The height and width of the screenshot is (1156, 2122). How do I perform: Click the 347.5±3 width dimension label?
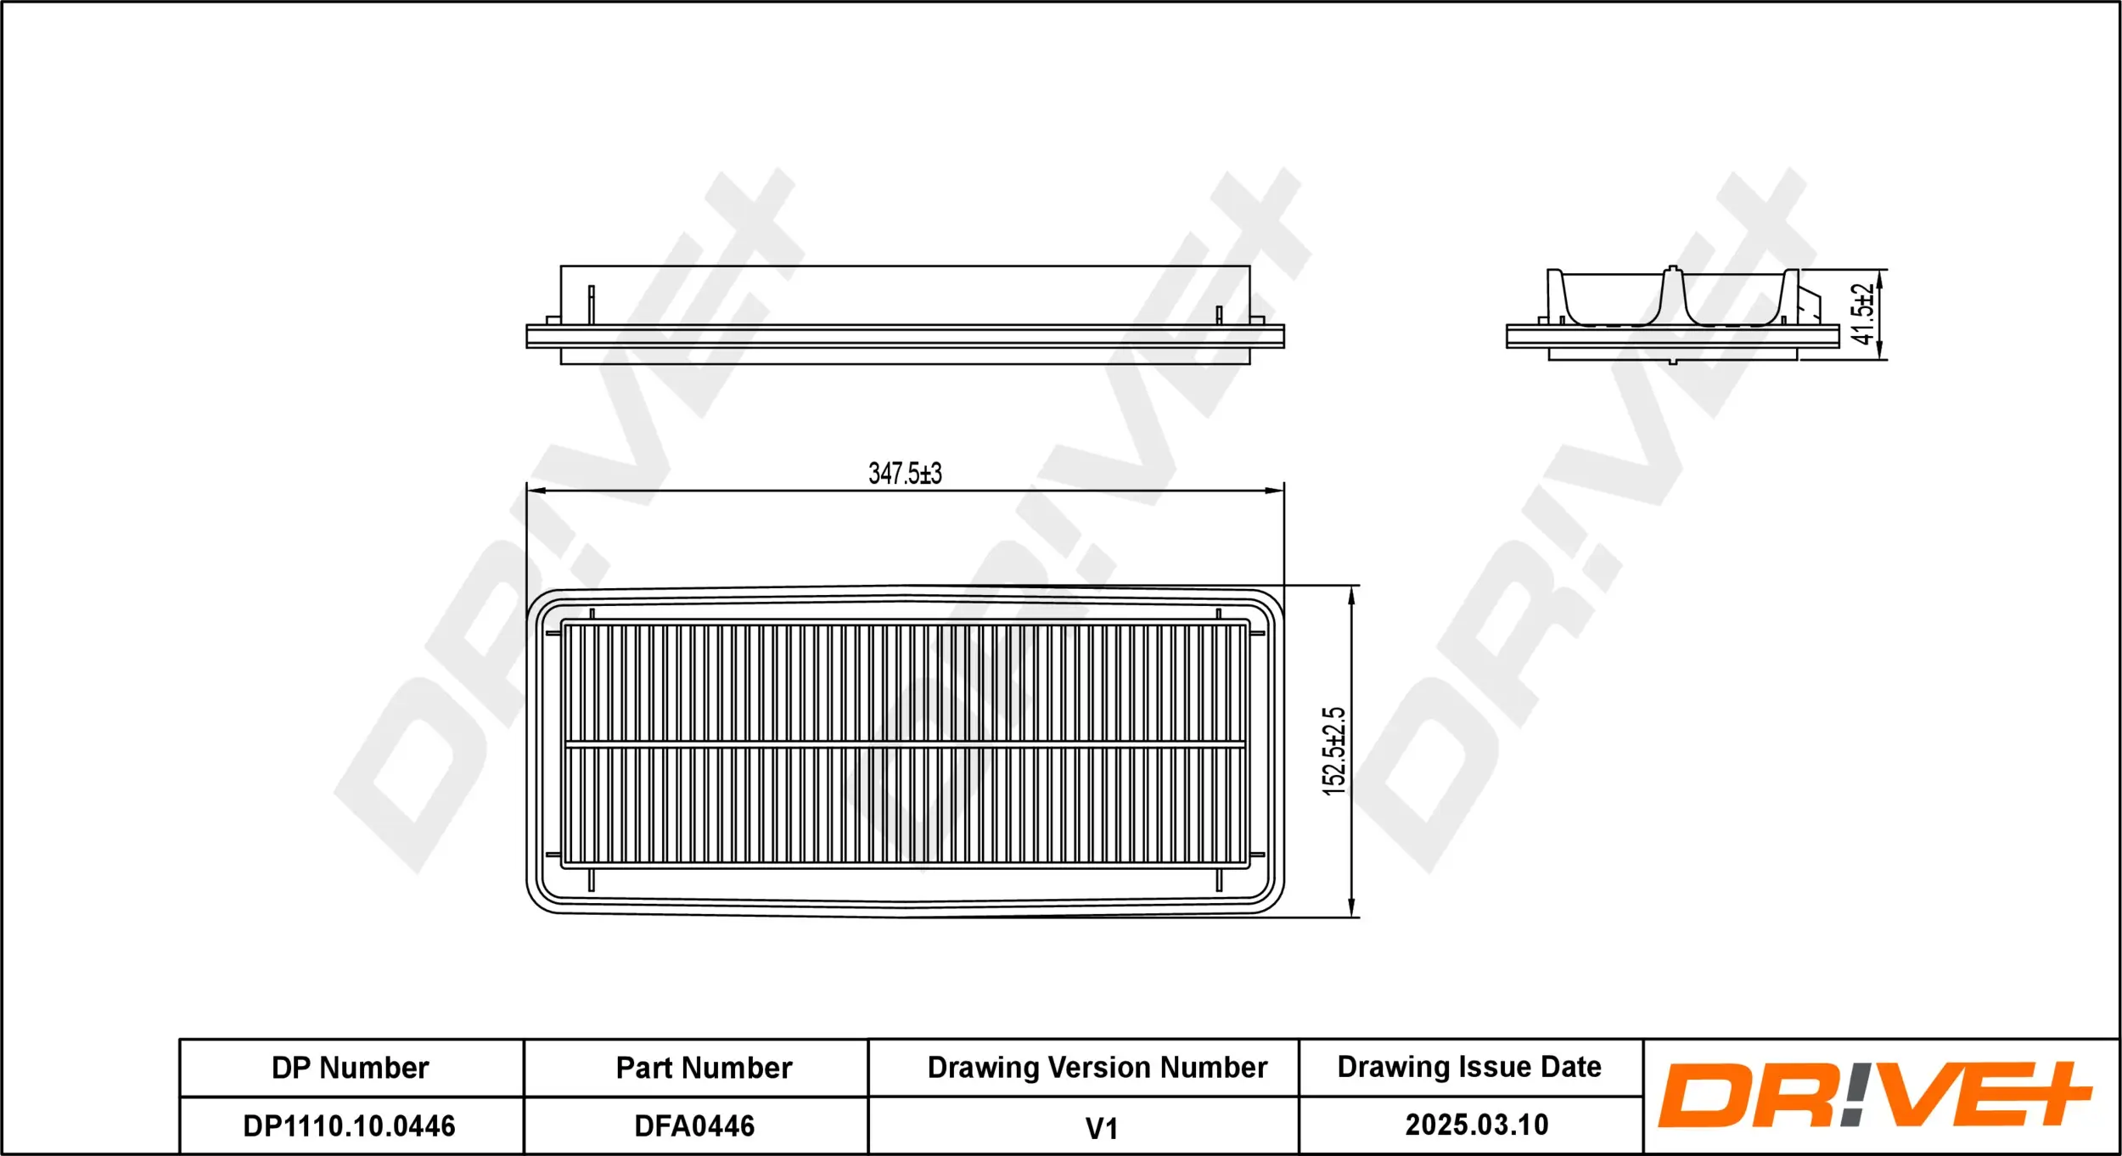point(905,474)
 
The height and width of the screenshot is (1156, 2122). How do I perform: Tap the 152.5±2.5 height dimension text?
point(1334,751)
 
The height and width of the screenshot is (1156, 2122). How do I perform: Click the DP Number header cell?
point(351,1068)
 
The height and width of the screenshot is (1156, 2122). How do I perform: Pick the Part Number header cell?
point(704,1068)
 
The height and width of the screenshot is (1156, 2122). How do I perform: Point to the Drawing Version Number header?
point(1097,1067)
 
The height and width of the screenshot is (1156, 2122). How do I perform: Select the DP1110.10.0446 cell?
point(349,1125)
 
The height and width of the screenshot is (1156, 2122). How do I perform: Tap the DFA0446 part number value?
point(694,1125)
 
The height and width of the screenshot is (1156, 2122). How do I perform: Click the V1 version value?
point(1101,1128)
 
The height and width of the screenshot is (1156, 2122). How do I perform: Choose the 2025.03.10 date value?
point(1477,1125)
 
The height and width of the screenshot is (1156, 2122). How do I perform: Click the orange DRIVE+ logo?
point(1876,1095)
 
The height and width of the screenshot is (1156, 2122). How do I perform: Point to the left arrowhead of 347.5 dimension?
point(535,491)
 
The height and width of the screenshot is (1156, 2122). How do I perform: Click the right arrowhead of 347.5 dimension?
point(1275,491)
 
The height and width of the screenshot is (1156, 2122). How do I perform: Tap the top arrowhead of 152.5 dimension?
point(1351,594)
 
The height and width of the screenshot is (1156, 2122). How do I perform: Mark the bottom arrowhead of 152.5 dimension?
point(1351,908)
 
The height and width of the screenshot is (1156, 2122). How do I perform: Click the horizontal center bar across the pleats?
point(905,744)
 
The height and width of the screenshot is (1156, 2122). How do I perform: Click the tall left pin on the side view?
point(592,304)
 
